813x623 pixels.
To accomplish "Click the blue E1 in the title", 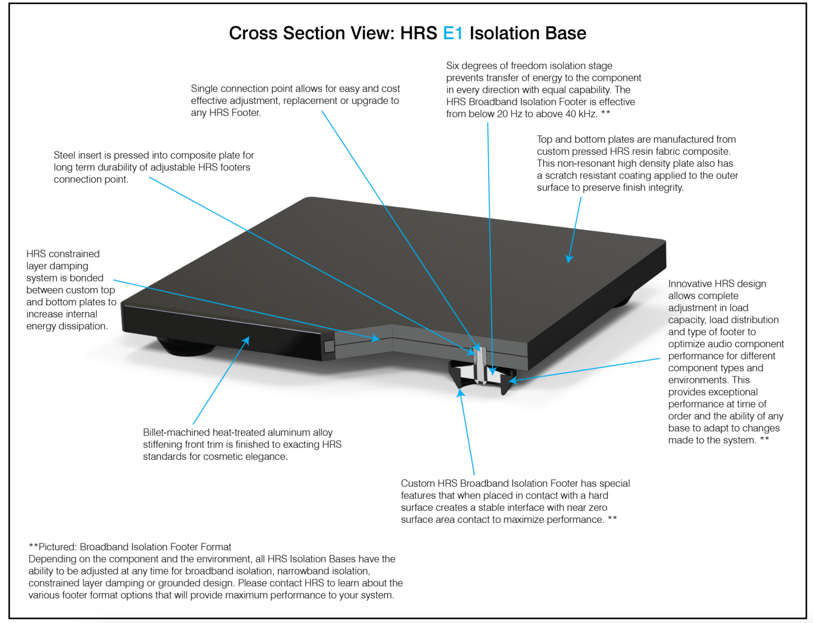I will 452,33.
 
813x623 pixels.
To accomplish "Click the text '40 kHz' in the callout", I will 579,114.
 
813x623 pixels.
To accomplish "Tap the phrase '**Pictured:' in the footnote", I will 53,547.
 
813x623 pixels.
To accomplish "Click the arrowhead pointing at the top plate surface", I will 569,259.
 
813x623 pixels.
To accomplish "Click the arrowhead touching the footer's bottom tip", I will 460,392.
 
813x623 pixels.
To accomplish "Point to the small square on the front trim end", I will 329,346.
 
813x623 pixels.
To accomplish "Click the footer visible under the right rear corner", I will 621,301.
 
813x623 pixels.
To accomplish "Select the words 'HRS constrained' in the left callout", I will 63,254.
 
